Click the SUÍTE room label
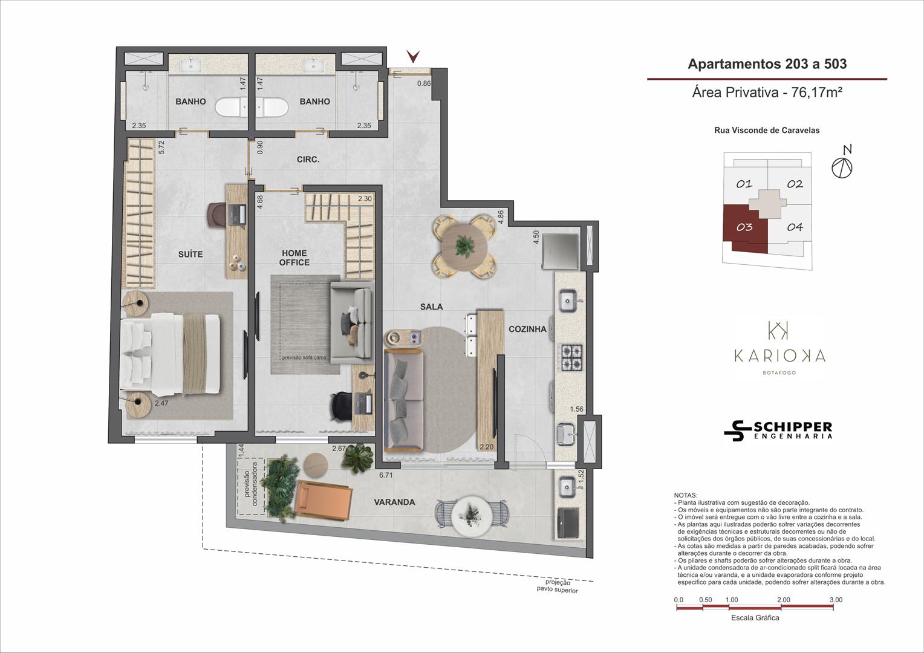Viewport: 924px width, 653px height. point(190,254)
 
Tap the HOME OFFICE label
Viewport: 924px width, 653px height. point(294,258)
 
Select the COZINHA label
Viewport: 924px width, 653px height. point(527,329)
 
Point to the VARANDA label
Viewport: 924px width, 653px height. point(394,502)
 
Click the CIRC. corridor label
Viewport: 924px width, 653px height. point(308,160)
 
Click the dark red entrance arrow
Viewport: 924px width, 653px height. point(413,56)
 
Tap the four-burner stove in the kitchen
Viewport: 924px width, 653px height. point(570,357)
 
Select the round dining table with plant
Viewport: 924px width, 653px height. point(464,247)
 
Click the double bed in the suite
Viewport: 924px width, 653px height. point(170,354)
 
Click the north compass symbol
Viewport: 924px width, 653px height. point(842,164)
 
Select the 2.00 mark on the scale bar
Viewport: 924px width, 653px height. point(784,600)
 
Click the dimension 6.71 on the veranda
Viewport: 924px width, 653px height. point(386,475)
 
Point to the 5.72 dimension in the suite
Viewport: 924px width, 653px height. point(161,148)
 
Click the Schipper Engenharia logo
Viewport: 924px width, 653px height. point(778,430)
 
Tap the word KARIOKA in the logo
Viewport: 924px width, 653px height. point(779,356)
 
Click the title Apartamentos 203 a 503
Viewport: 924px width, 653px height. point(767,64)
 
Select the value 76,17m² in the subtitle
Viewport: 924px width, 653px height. point(816,93)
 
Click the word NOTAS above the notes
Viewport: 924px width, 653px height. point(686,495)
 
